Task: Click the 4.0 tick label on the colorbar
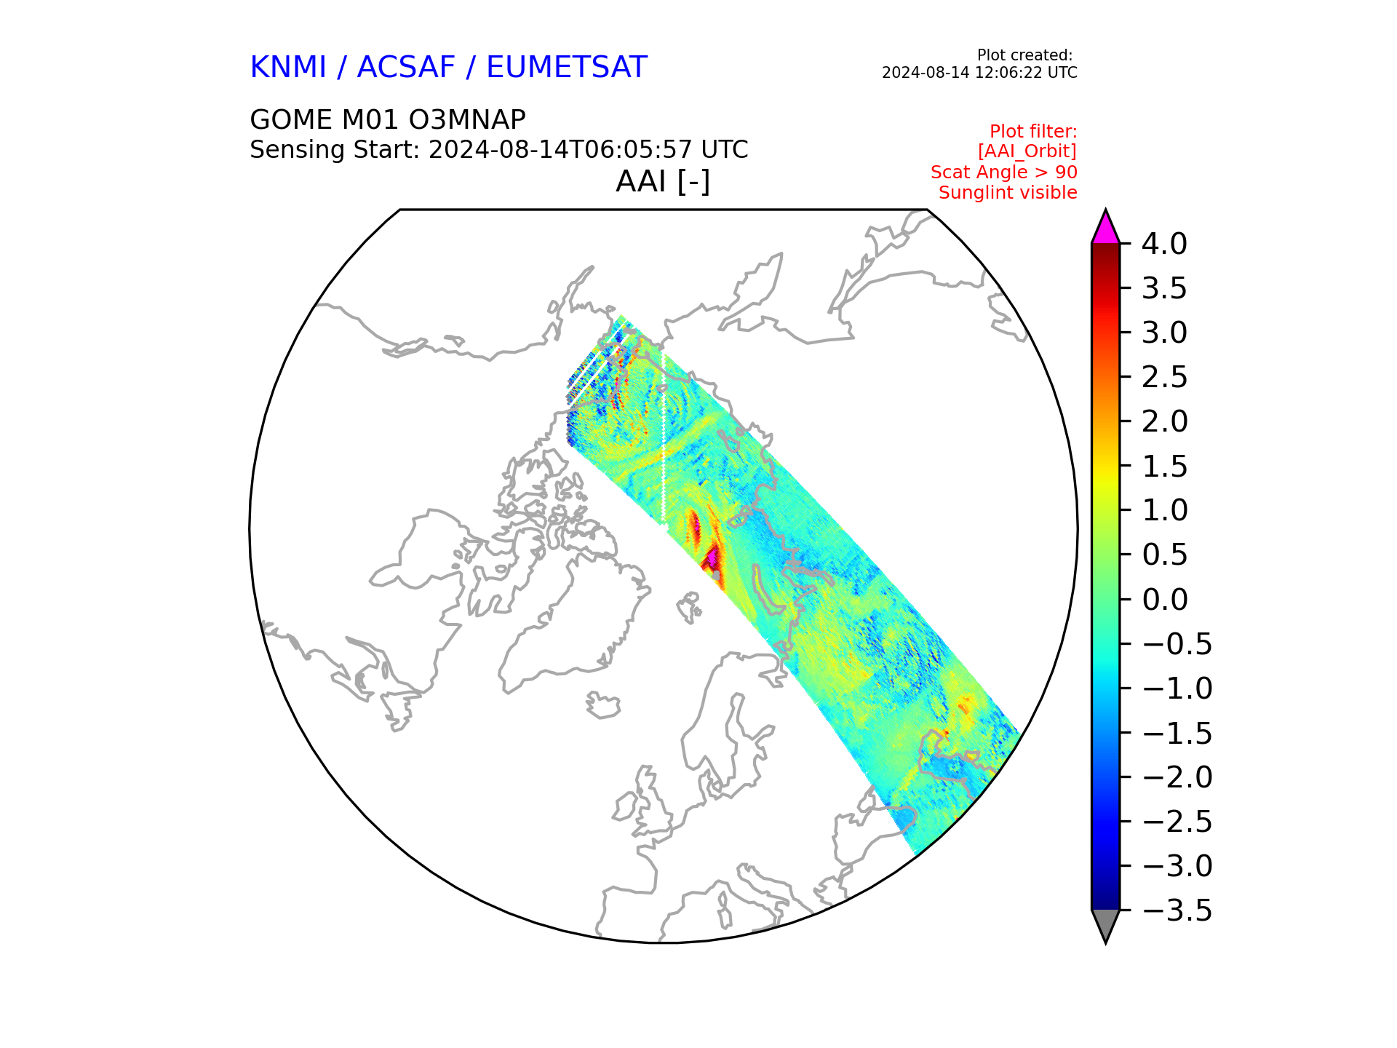[1164, 244]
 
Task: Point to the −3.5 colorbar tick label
[1177, 910]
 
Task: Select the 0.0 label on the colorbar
[1164, 600]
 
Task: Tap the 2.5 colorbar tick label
[1164, 377]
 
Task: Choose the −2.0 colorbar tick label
[1177, 777]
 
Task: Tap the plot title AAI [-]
[663, 181]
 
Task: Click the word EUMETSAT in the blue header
[566, 67]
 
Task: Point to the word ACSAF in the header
[406, 67]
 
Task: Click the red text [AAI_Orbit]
[1027, 151]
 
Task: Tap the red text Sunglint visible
[1008, 193]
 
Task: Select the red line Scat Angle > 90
[1003, 172]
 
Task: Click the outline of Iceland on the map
[603, 704]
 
